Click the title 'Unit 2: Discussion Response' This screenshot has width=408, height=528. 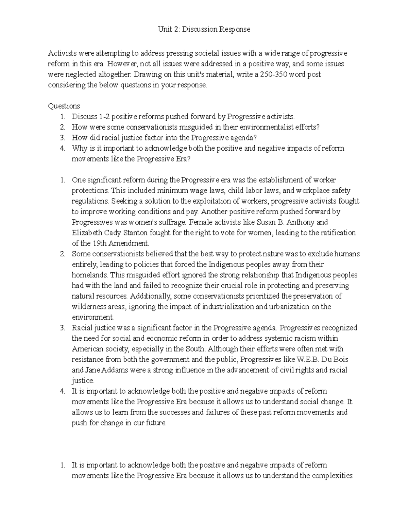(204, 29)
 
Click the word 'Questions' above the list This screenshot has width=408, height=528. (64, 106)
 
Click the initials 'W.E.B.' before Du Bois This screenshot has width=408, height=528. (309, 360)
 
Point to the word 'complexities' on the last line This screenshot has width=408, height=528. (331, 476)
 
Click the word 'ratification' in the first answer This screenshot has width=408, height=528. (337, 233)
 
